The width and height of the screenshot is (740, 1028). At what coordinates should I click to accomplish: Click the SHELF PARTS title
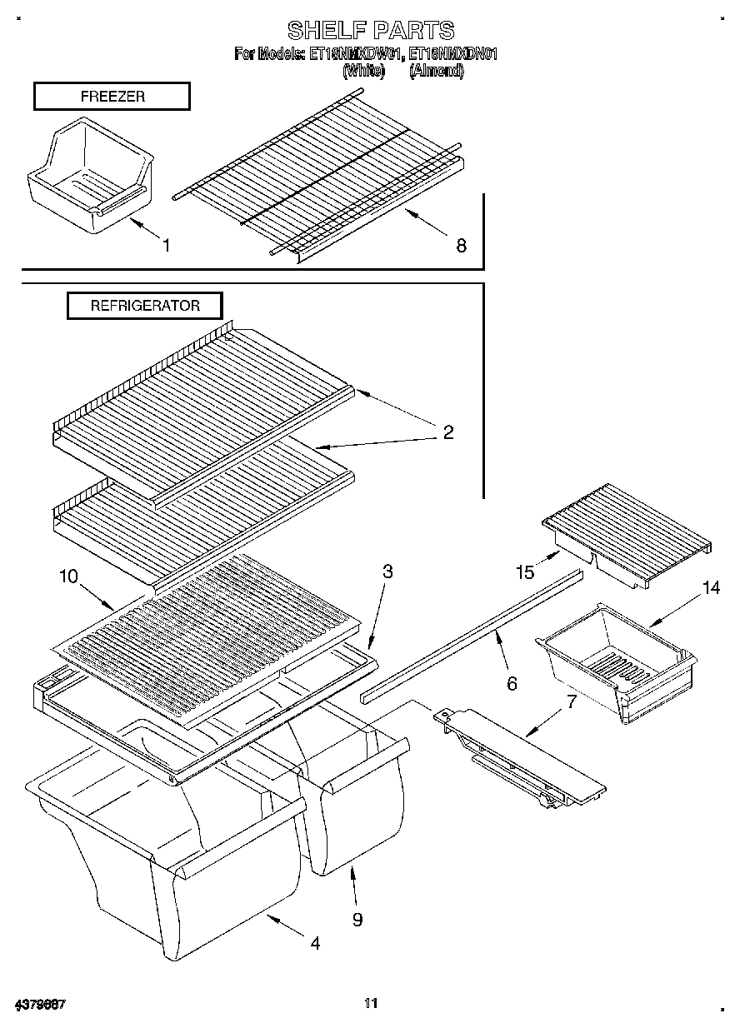click(371, 31)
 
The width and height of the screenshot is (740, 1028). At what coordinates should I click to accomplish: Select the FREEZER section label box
click(112, 97)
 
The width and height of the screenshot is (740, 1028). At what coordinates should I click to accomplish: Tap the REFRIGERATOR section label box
click(145, 306)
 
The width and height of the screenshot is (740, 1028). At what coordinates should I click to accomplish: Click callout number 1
click(166, 245)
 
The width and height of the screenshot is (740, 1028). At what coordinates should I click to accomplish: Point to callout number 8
click(461, 245)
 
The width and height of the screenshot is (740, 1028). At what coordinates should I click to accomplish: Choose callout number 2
click(447, 432)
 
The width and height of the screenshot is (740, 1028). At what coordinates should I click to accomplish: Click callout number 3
click(387, 571)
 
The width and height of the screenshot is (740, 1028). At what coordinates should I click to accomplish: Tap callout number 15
click(524, 572)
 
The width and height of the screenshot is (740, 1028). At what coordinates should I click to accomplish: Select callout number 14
click(710, 588)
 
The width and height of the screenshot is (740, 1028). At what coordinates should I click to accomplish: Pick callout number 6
click(512, 683)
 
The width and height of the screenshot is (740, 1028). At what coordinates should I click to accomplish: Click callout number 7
click(571, 701)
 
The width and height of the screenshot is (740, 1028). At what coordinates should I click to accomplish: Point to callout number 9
click(357, 919)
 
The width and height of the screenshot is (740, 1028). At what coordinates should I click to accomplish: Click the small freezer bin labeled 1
click(90, 172)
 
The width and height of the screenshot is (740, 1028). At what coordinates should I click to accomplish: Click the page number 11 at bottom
click(371, 1002)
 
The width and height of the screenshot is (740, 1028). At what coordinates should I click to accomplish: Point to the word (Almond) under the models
click(436, 72)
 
